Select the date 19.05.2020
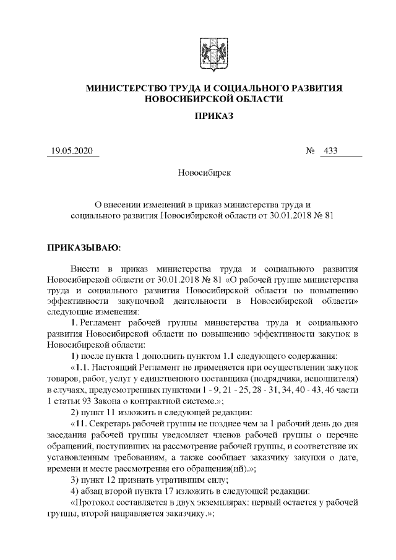click(72, 152)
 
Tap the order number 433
click(330, 152)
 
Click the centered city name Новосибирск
click(204, 172)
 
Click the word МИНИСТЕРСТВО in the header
click(126, 88)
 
